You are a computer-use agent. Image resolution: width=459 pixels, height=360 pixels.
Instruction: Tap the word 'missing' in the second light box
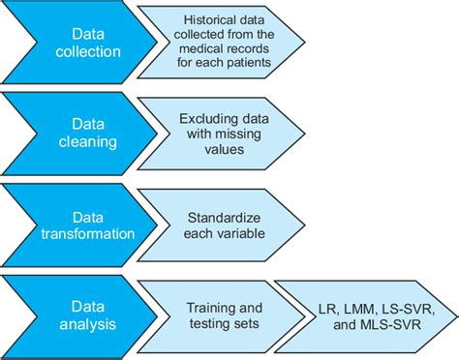coord(222,133)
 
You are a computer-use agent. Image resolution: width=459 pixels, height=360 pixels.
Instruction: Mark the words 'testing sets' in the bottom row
coord(223,323)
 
